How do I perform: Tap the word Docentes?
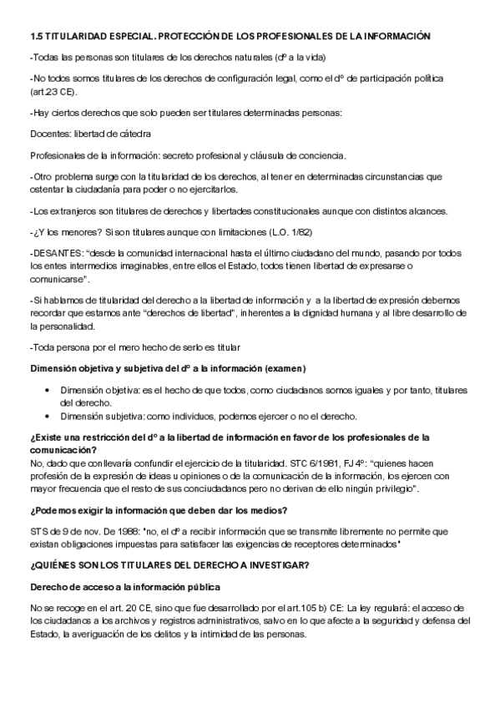point(49,134)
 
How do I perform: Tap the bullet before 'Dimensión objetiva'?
point(48,390)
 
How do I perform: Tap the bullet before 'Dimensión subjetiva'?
point(48,416)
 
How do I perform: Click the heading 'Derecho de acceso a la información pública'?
point(125,587)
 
